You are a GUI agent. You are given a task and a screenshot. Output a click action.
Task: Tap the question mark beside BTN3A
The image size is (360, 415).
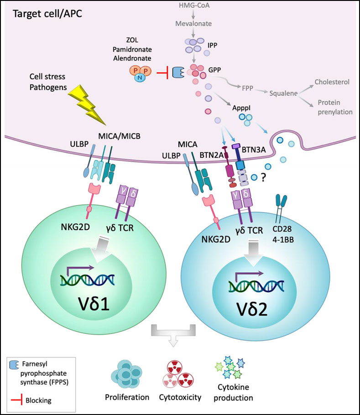263,178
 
